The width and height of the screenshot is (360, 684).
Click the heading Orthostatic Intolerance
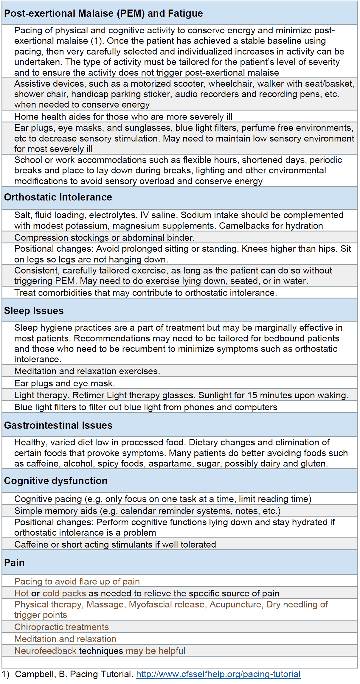tap(58, 197)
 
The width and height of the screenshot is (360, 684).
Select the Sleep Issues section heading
tap(34, 311)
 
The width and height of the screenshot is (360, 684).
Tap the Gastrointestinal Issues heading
tap(58, 425)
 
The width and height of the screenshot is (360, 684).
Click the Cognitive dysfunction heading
tap(56, 481)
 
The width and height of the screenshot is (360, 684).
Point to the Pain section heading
tap(14, 563)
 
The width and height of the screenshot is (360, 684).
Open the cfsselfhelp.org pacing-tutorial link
tap(218, 674)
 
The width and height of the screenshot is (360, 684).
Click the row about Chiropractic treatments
tap(61, 627)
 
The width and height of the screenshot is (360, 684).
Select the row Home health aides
tap(123, 116)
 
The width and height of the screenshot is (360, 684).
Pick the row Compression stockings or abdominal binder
tap(104, 238)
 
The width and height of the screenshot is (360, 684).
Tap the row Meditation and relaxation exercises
tap(87, 371)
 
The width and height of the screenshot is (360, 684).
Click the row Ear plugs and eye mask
tap(64, 383)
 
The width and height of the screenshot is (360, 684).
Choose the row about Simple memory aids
tap(147, 511)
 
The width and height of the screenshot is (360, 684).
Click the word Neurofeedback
tap(45, 651)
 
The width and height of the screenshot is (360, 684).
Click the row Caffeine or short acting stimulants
tap(115, 545)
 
